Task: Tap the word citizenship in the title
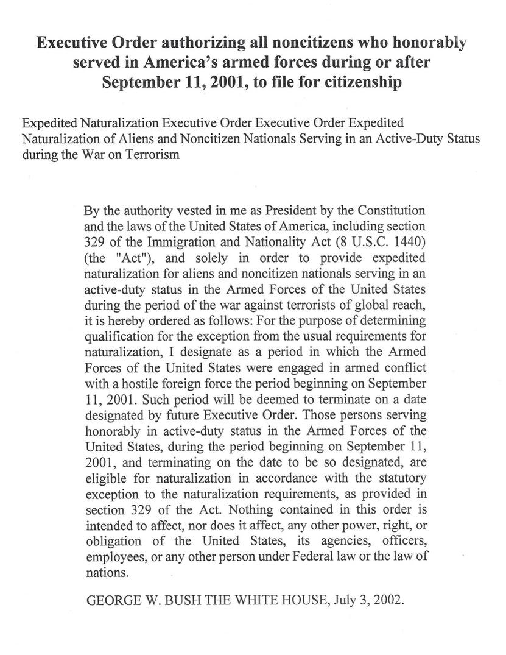(x=356, y=82)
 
